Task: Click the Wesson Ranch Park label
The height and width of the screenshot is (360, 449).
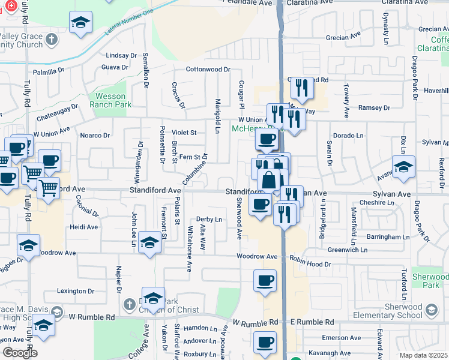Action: tap(110, 100)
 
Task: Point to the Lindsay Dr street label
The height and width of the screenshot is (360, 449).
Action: tap(121, 55)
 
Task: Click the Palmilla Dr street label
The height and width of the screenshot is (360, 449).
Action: tap(49, 71)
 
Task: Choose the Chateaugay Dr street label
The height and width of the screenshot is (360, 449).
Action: tap(58, 111)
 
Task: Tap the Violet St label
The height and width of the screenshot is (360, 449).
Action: tap(185, 133)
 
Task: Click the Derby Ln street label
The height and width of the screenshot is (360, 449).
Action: tap(209, 219)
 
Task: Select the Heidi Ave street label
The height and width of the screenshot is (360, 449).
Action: tap(84, 227)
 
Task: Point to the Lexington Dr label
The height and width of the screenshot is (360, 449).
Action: tap(76, 291)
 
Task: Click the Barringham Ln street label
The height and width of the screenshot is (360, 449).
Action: tap(389, 237)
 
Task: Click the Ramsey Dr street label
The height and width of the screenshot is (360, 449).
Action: tap(374, 108)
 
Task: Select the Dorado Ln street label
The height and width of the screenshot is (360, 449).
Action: tap(348, 136)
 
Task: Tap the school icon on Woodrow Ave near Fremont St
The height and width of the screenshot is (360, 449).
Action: tap(149, 242)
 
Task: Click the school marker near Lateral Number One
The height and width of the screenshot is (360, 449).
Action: tap(78, 23)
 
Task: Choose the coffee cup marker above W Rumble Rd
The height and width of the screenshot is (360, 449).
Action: tap(265, 281)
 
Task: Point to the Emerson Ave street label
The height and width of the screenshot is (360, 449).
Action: tap(341, 338)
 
